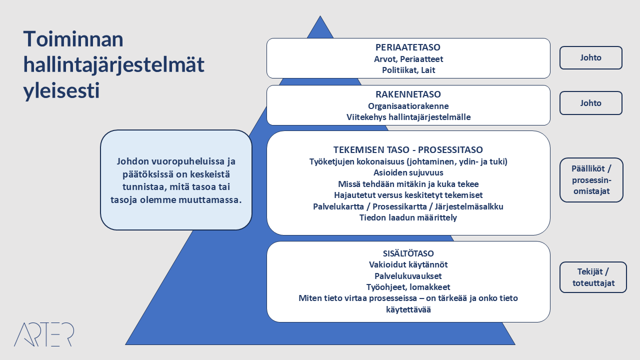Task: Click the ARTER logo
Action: (x=44, y=334)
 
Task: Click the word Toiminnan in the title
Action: (x=73, y=39)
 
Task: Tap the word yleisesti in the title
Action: (x=61, y=91)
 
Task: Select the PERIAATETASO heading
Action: (x=408, y=47)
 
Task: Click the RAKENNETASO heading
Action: (x=408, y=94)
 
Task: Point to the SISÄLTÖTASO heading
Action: (x=408, y=253)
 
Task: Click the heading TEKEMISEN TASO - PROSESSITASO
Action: (x=408, y=149)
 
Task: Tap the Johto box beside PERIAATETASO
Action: (x=591, y=57)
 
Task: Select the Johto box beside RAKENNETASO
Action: (x=591, y=103)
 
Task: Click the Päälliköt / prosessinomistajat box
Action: (x=591, y=180)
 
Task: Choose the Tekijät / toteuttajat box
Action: (x=593, y=277)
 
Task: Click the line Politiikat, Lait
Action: (x=408, y=70)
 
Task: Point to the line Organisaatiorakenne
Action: (x=408, y=106)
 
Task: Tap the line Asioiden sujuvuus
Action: (x=408, y=172)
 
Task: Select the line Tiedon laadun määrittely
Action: (x=408, y=217)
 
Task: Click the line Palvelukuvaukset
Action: (x=408, y=276)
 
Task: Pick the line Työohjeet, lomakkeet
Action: (x=408, y=287)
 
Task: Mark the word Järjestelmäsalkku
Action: (x=469, y=206)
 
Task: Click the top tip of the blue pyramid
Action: (x=320, y=16)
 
